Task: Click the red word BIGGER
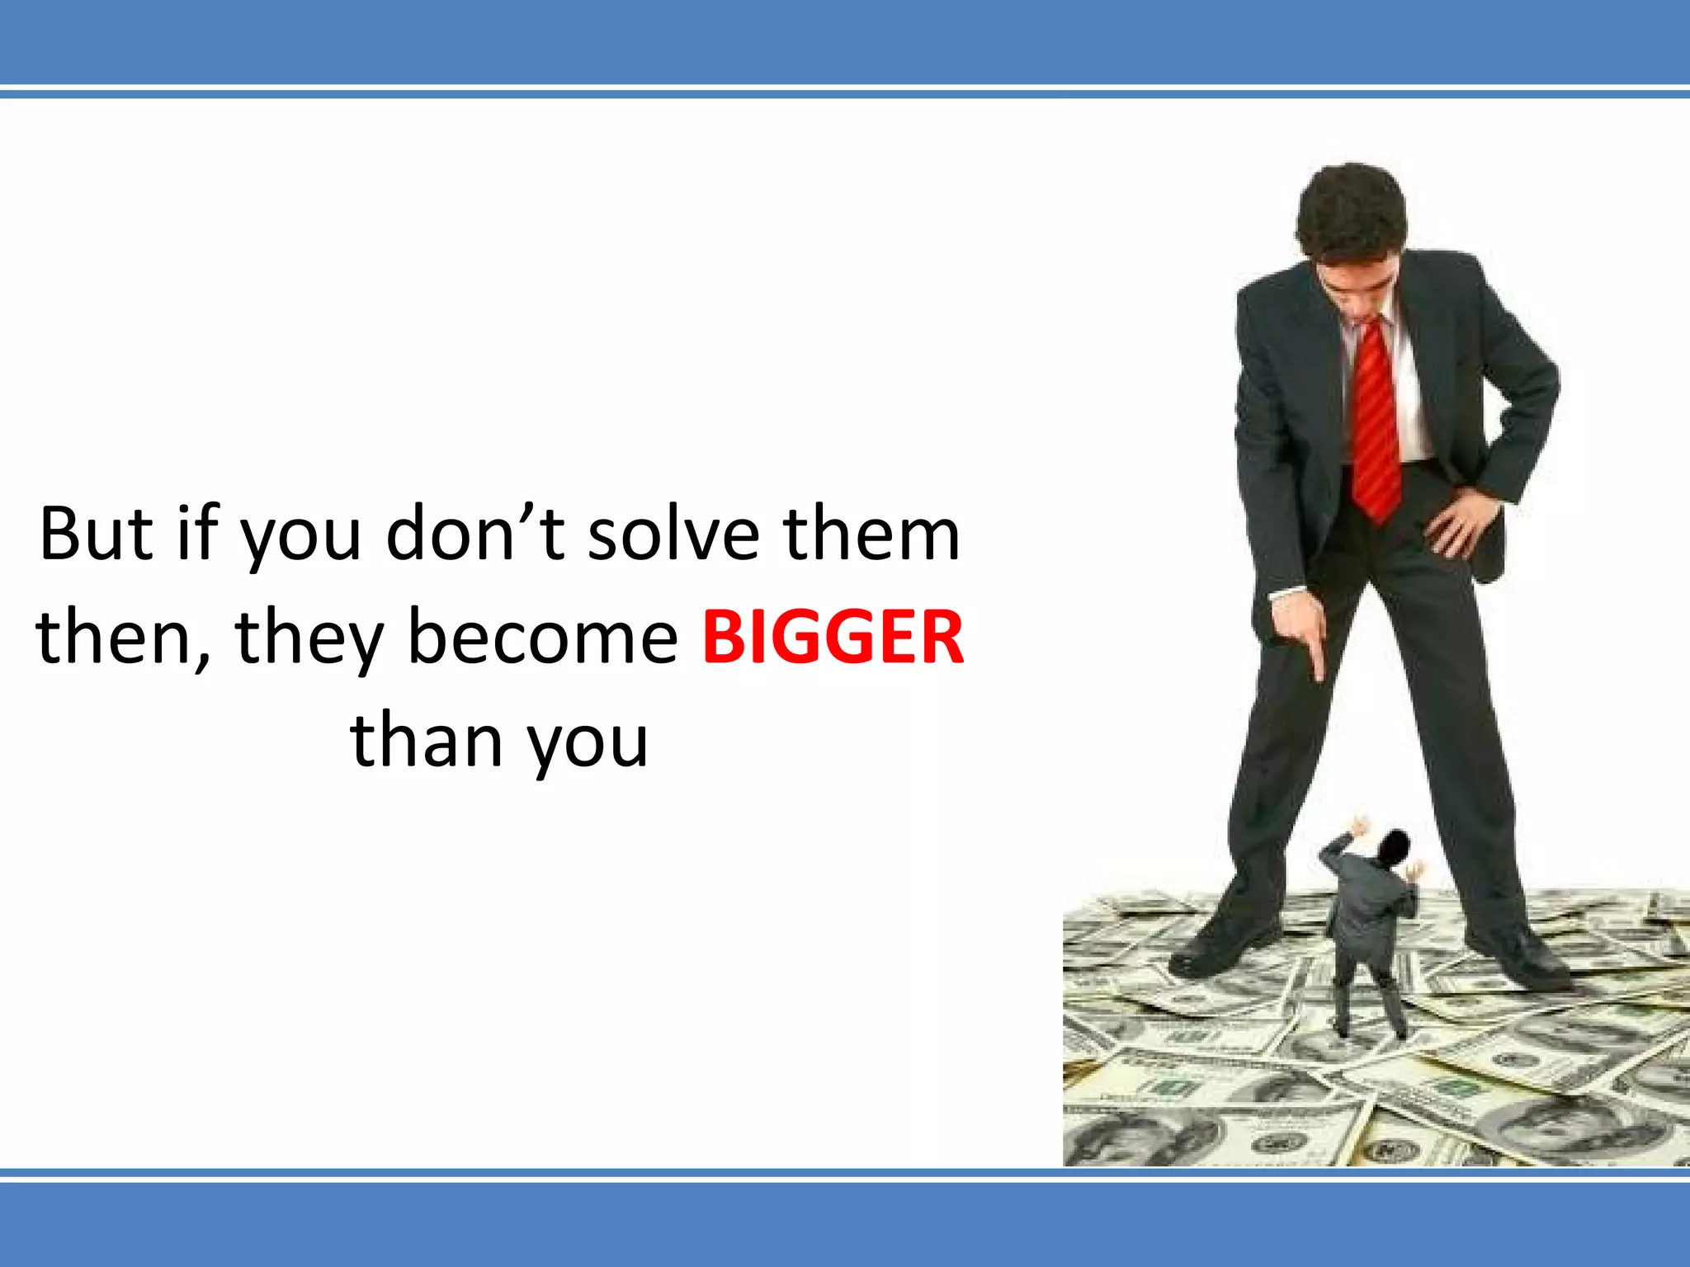[833, 638]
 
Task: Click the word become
[543, 638]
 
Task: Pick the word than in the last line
[426, 740]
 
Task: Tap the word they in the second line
[310, 638]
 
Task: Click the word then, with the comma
[124, 638]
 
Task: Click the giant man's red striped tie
[1376, 421]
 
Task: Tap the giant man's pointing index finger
[1317, 660]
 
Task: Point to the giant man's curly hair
[1351, 206]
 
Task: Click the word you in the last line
[588, 740]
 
